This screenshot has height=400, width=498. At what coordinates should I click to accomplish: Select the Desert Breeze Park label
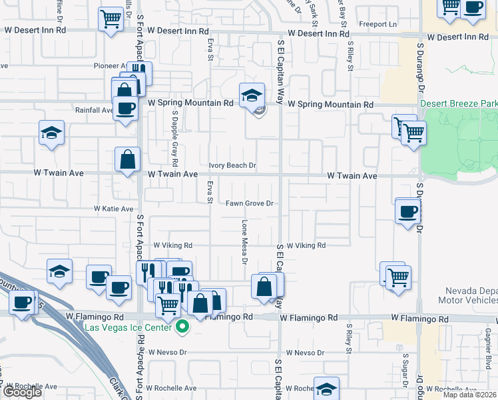coord(459,105)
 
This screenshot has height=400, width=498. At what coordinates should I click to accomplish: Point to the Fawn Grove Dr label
coord(250,203)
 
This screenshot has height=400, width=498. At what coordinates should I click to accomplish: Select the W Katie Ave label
coord(115,209)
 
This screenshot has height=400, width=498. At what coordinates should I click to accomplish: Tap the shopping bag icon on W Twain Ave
coord(128,160)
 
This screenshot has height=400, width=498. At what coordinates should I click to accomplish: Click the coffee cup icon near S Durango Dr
coord(407,212)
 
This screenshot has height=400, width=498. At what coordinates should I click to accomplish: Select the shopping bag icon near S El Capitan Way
coord(264,286)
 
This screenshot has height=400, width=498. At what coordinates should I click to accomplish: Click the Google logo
coord(22,392)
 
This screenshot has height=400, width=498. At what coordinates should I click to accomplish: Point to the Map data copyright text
coord(470,395)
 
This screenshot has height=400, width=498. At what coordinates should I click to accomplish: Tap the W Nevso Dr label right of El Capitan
coord(305,352)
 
